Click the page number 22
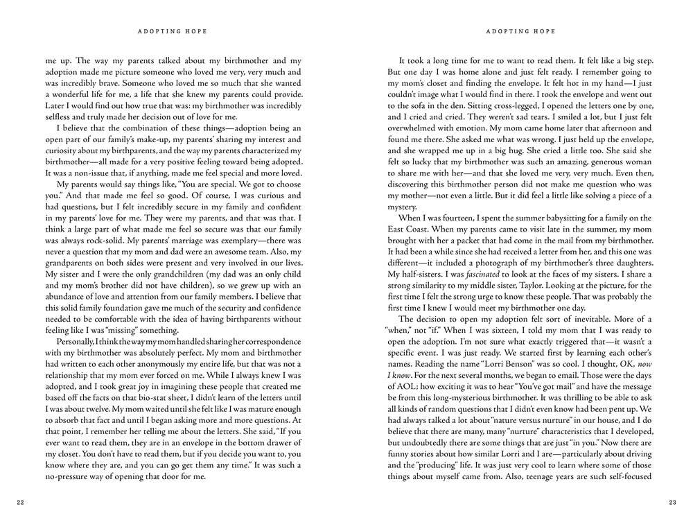(x=20, y=503)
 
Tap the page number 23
(x=672, y=503)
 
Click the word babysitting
(x=561, y=198)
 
